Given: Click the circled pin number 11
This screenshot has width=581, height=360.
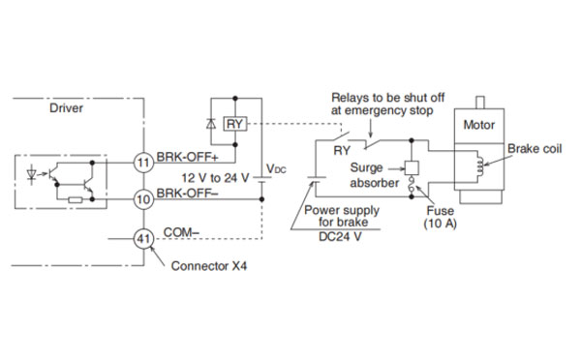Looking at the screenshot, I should (x=144, y=163).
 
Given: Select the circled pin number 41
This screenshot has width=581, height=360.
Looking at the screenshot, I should (x=144, y=235).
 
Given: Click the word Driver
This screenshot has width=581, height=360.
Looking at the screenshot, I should (x=67, y=108).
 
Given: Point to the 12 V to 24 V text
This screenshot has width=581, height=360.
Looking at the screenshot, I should (x=217, y=177).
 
